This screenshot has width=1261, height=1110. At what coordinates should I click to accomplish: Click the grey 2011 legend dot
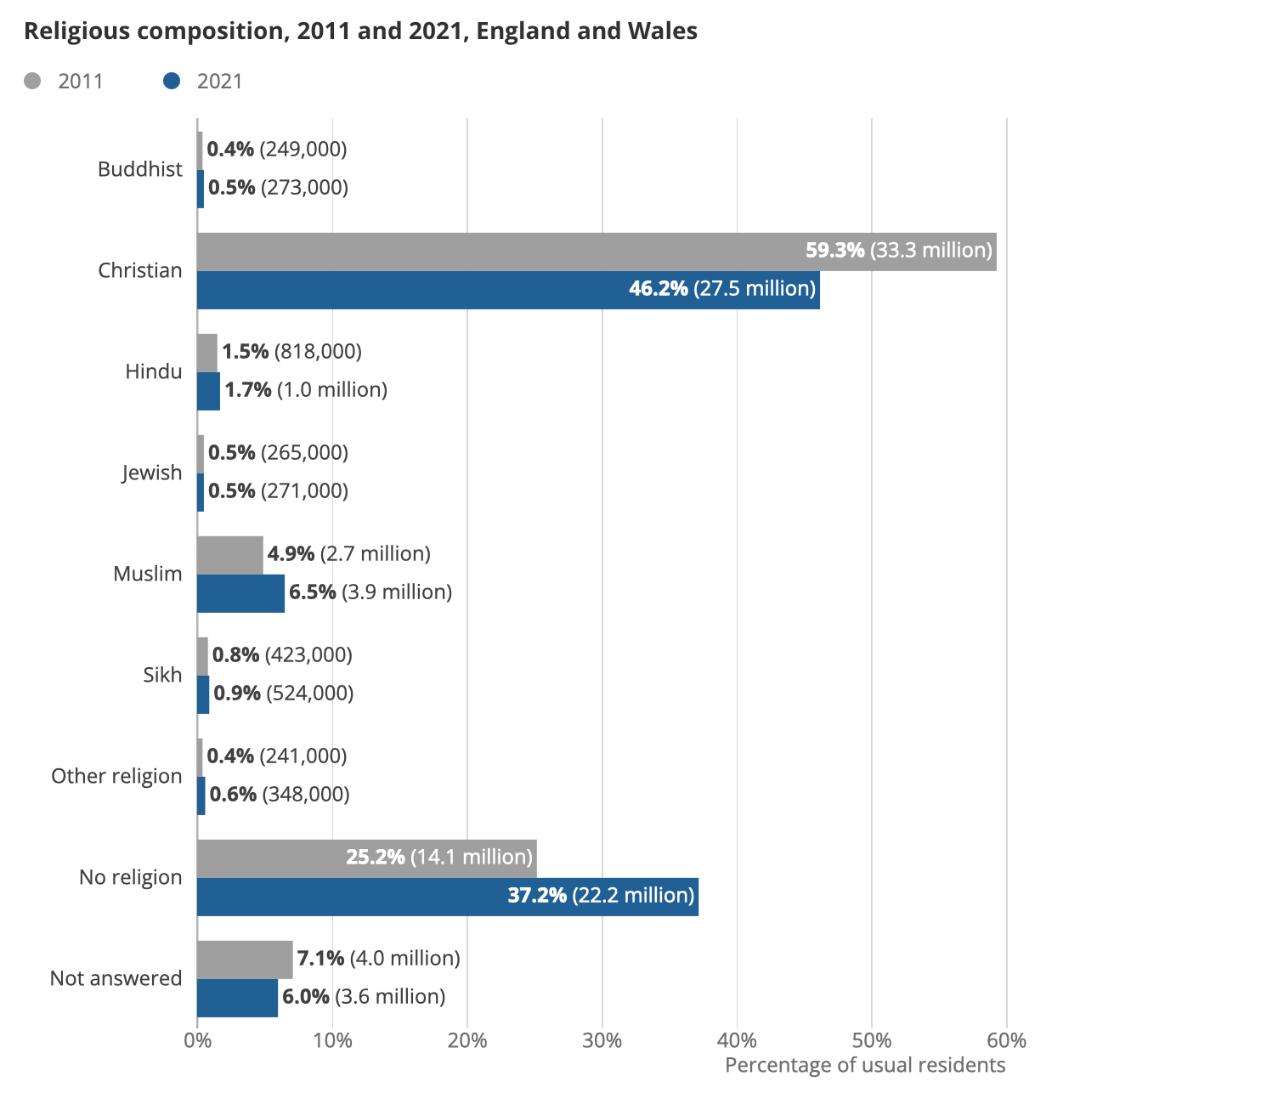pyautogui.click(x=32, y=82)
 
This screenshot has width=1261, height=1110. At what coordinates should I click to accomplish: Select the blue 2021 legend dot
pyautogui.click(x=172, y=82)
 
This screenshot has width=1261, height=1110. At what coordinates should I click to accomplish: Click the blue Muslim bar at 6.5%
pyautogui.click(x=240, y=593)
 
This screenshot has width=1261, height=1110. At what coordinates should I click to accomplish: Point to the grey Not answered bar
pyautogui.click(x=245, y=960)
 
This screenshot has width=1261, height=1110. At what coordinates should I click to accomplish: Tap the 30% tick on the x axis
pyautogui.click(x=602, y=1040)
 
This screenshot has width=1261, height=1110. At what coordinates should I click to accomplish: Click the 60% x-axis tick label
pyautogui.click(x=1006, y=1040)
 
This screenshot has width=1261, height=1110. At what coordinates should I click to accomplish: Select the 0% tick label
pyautogui.click(x=197, y=1040)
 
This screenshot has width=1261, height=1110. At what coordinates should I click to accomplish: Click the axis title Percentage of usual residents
pyautogui.click(x=864, y=1065)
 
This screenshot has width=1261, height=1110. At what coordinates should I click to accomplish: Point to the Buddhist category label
pyautogui.click(x=139, y=169)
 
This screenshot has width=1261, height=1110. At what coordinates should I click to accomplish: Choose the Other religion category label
pyautogui.click(x=116, y=776)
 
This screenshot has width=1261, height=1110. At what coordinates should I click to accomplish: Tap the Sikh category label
pyautogui.click(x=162, y=675)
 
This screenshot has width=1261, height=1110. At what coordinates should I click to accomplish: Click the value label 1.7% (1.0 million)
pyautogui.click(x=305, y=390)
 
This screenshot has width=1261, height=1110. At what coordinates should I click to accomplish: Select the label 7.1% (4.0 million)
pyautogui.click(x=378, y=959)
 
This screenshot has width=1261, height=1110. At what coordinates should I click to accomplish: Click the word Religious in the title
pyautogui.click(x=76, y=31)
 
